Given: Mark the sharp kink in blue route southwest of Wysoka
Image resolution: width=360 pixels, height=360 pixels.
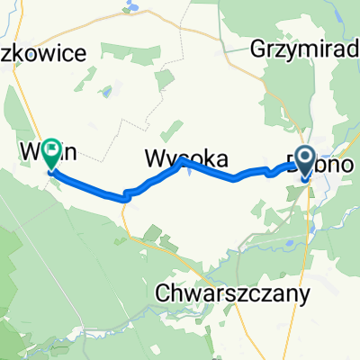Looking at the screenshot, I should (x=127, y=193).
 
